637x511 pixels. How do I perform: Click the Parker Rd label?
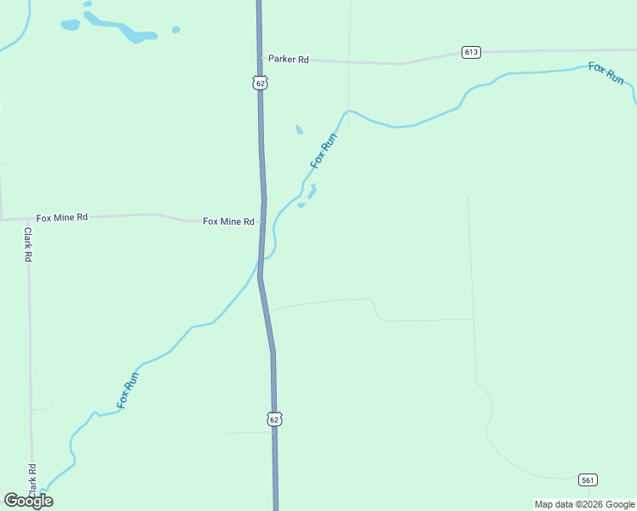[288, 60]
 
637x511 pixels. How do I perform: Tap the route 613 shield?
[472, 52]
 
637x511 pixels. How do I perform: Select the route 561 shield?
[587, 479]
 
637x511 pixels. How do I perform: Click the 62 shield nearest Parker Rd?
[260, 83]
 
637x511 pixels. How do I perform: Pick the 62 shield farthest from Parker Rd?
[273, 419]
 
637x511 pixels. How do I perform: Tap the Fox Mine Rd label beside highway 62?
[228, 221]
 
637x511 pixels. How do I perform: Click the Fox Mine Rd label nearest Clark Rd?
[61, 218]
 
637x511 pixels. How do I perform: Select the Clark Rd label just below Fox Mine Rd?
[28, 244]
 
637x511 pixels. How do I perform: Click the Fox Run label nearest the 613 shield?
[606, 72]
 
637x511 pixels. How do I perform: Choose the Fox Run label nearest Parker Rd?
[324, 150]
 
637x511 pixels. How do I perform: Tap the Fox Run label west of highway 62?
[128, 388]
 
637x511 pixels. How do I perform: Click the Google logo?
[28, 501]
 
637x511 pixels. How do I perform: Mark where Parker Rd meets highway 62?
[261, 58]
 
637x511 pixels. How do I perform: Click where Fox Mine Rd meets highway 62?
[263, 221]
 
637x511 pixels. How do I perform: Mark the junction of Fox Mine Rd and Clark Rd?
[28, 219]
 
